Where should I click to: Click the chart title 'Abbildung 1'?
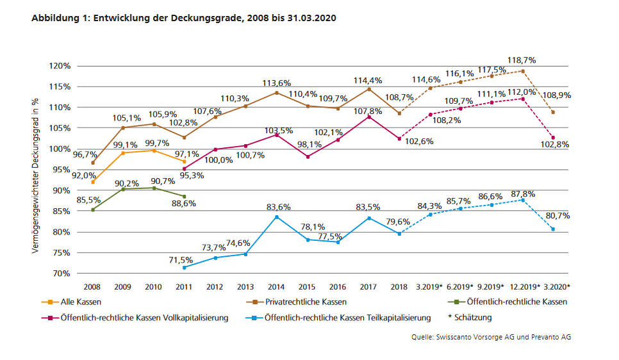pyautogui.click(x=183, y=19)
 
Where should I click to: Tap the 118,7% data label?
pyautogui.click(x=521, y=60)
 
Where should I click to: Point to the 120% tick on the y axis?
pyautogui.click(x=61, y=66)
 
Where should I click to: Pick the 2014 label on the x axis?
pyautogui.click(x=276, y=288)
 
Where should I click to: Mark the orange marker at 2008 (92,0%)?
pyautogui.click(x=93, y=182)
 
